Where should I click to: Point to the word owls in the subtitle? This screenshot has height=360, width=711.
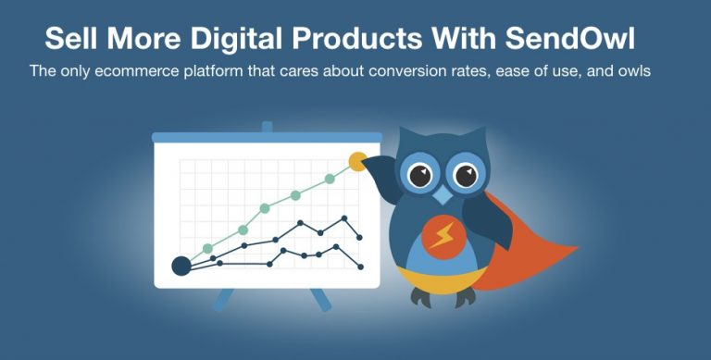coord(634,70)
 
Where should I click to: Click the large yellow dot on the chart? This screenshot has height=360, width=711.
coord(356,162)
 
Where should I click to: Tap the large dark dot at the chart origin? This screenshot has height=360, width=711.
coord(181,267)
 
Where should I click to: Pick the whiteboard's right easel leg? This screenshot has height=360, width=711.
coord(319,300)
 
